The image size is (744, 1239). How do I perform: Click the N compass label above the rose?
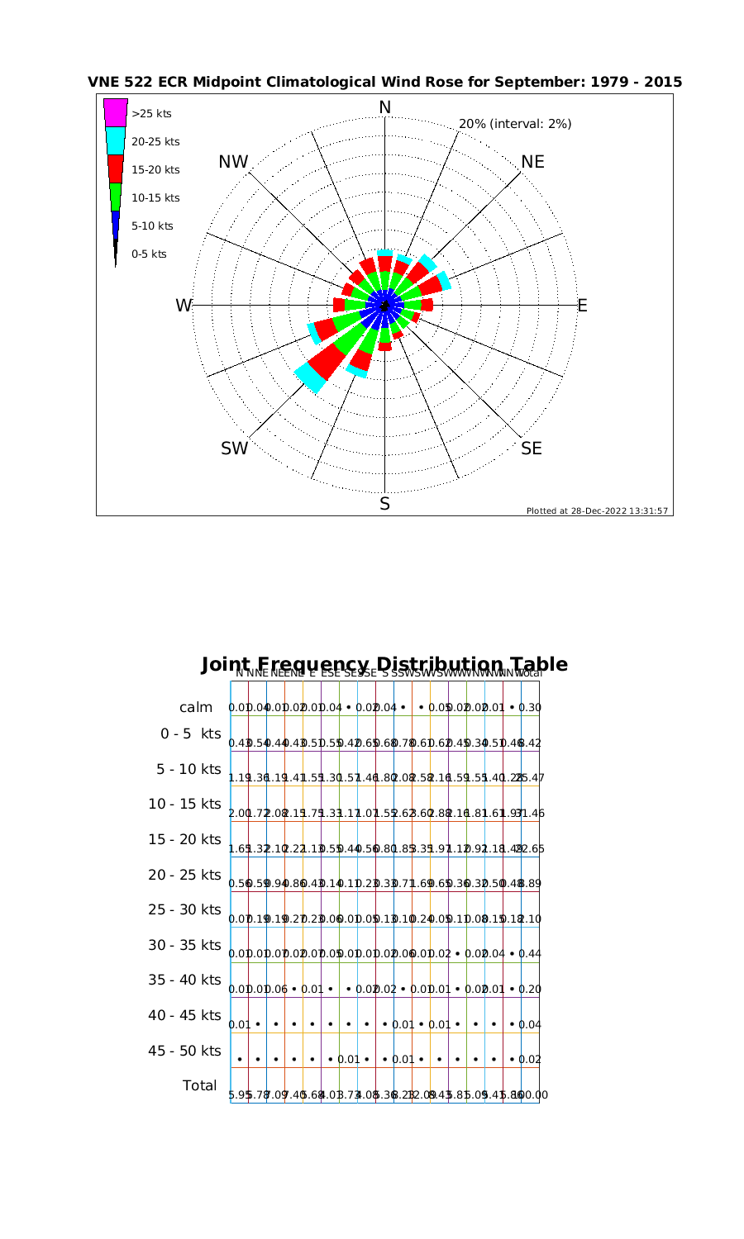point(384,107)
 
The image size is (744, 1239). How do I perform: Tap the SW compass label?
point(235,449)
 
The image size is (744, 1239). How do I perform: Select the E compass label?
point(582,306)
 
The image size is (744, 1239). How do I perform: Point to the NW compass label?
point(234,162)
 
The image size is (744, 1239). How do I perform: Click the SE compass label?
point(532,449)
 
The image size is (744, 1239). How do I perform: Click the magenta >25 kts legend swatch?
point(116,112)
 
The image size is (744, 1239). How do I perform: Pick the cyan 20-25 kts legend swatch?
point(116,140)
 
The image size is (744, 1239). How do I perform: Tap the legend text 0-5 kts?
point(149,254)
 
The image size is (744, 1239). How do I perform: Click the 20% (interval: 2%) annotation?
point(515,124)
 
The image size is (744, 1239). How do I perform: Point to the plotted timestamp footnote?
point(597,510)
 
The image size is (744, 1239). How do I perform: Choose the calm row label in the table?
point(196,708)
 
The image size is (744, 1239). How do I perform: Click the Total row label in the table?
point(199,1085)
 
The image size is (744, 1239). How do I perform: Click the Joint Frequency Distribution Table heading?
point(384,664)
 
